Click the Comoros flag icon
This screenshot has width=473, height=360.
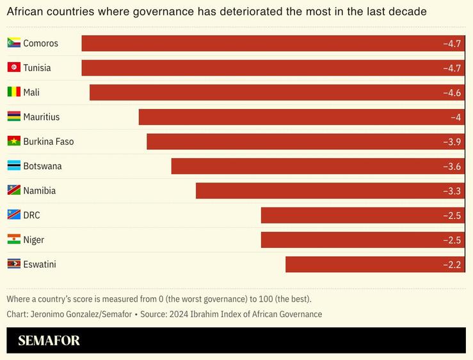click(13, 43)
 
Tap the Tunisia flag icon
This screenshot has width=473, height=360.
click(13, 67)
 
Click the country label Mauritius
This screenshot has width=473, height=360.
click(41, 117)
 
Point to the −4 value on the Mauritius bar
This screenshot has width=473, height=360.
click(456, 117)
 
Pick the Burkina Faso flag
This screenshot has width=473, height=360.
click(13, 141)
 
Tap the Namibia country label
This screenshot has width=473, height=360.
click(39, 190)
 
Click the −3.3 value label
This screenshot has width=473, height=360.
click(452, 191)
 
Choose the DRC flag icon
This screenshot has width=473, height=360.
click(13, 215)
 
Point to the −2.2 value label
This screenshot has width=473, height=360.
click(452, 265)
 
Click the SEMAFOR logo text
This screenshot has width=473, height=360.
click(49, 341)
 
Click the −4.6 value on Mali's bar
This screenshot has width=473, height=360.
click(452, 93)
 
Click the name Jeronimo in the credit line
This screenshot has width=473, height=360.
click(49, 314)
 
